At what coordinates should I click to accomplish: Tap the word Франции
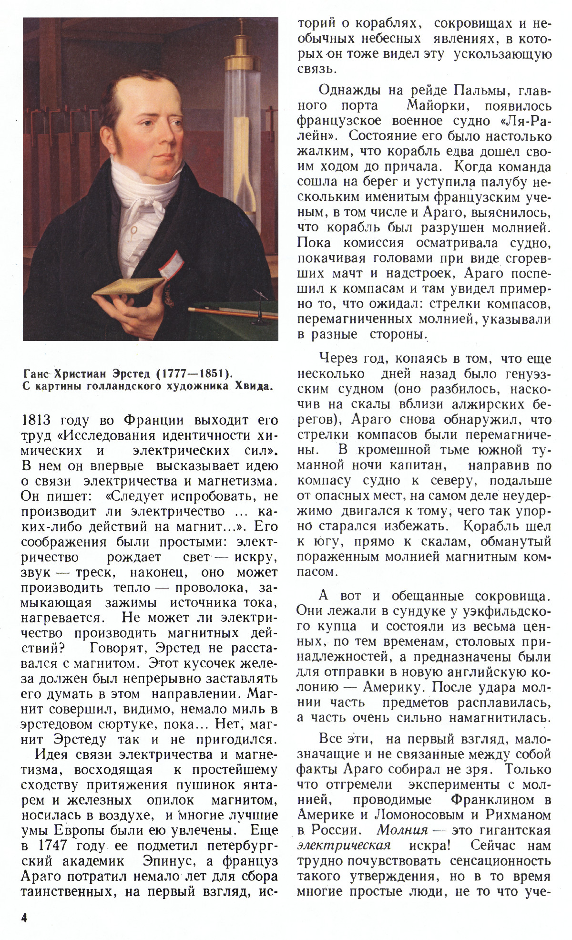tap(153, 421)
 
